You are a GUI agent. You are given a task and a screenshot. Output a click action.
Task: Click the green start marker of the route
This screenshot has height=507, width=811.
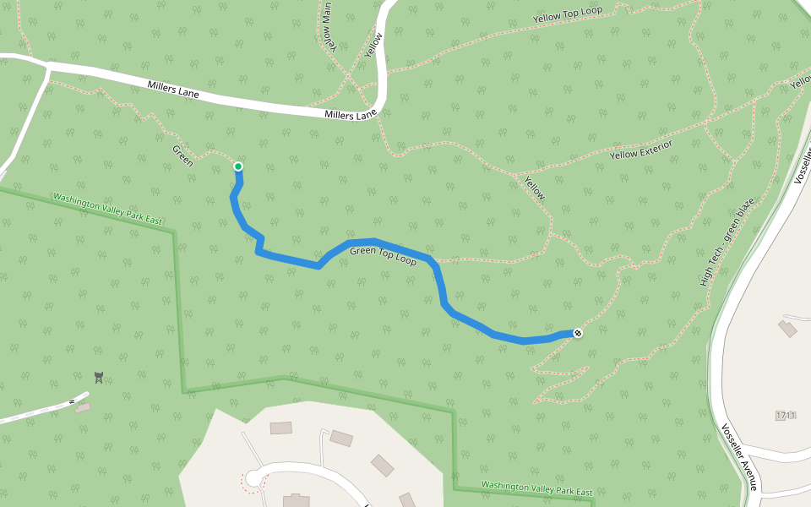click(238, 166)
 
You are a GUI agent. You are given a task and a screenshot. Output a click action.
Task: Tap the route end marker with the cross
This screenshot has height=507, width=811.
click(577, 333)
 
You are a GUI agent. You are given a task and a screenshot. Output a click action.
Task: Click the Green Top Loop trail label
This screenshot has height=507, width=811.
click(383, 256)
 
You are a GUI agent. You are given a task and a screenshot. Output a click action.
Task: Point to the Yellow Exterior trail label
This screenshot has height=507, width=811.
click(641, 150)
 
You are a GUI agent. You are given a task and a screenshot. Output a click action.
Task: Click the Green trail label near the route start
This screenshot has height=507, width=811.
click(183, 155)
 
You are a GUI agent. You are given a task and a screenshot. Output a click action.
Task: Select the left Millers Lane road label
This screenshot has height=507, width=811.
click(173, 89)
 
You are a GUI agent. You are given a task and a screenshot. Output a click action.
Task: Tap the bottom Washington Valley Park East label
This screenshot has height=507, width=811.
click(536, 489)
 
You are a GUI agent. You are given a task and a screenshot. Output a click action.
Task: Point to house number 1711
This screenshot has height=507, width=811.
click(786, 415)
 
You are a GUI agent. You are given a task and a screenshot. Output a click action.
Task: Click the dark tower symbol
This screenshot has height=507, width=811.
click(100, 377)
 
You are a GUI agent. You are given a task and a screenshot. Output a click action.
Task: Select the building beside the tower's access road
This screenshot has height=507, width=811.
click(83, 408)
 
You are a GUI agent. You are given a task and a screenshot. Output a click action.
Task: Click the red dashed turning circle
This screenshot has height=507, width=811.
click(252, 480)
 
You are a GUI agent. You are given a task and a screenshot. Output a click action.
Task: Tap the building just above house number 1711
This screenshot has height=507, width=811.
click(788, 328)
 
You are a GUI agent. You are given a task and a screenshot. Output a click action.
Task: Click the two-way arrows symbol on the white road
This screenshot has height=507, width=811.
click(71, 400)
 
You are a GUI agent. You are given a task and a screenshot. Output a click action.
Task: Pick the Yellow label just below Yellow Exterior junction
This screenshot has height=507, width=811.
click(535, 188)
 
